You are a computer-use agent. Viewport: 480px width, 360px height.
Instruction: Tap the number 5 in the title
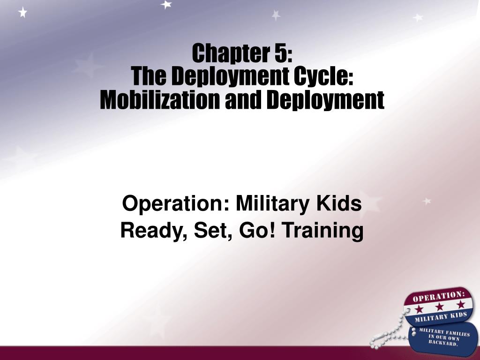coord(280,53)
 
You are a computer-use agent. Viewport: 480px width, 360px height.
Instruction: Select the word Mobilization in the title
coord(159,99)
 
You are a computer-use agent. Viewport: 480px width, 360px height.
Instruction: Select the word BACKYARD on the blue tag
coord(442,342)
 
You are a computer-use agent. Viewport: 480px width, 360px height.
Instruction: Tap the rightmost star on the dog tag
coord(461,304)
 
